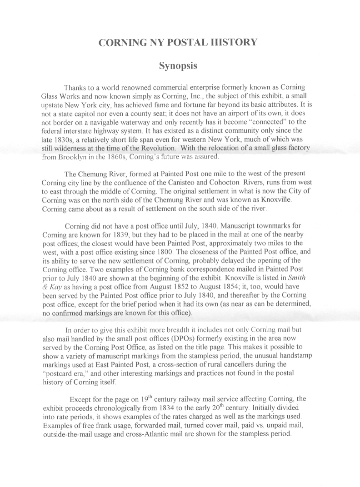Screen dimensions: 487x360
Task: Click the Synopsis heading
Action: (x=178, y=66)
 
